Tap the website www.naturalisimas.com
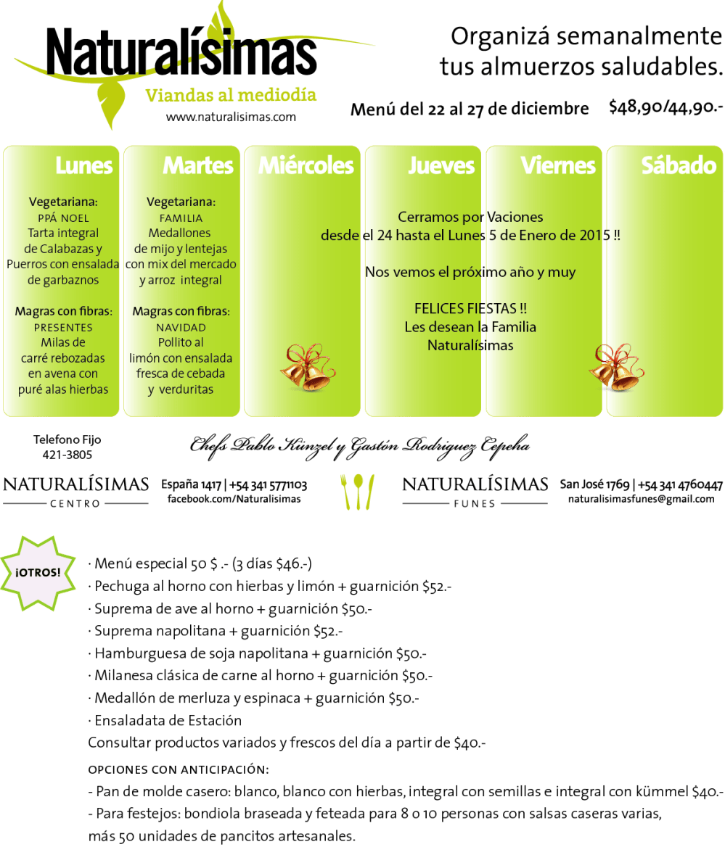231,116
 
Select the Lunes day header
84,165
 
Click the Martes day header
198,165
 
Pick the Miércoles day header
306,165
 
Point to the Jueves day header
441,165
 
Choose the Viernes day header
558,165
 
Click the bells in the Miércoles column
306,367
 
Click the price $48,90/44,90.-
665,107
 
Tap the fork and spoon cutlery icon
358,491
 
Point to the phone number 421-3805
67,455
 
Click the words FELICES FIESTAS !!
470,308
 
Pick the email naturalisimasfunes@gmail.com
641,499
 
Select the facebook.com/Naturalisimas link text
234,499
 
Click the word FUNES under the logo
475,503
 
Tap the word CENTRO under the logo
75,503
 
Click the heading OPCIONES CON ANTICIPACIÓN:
179,769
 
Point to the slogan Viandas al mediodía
231,95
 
